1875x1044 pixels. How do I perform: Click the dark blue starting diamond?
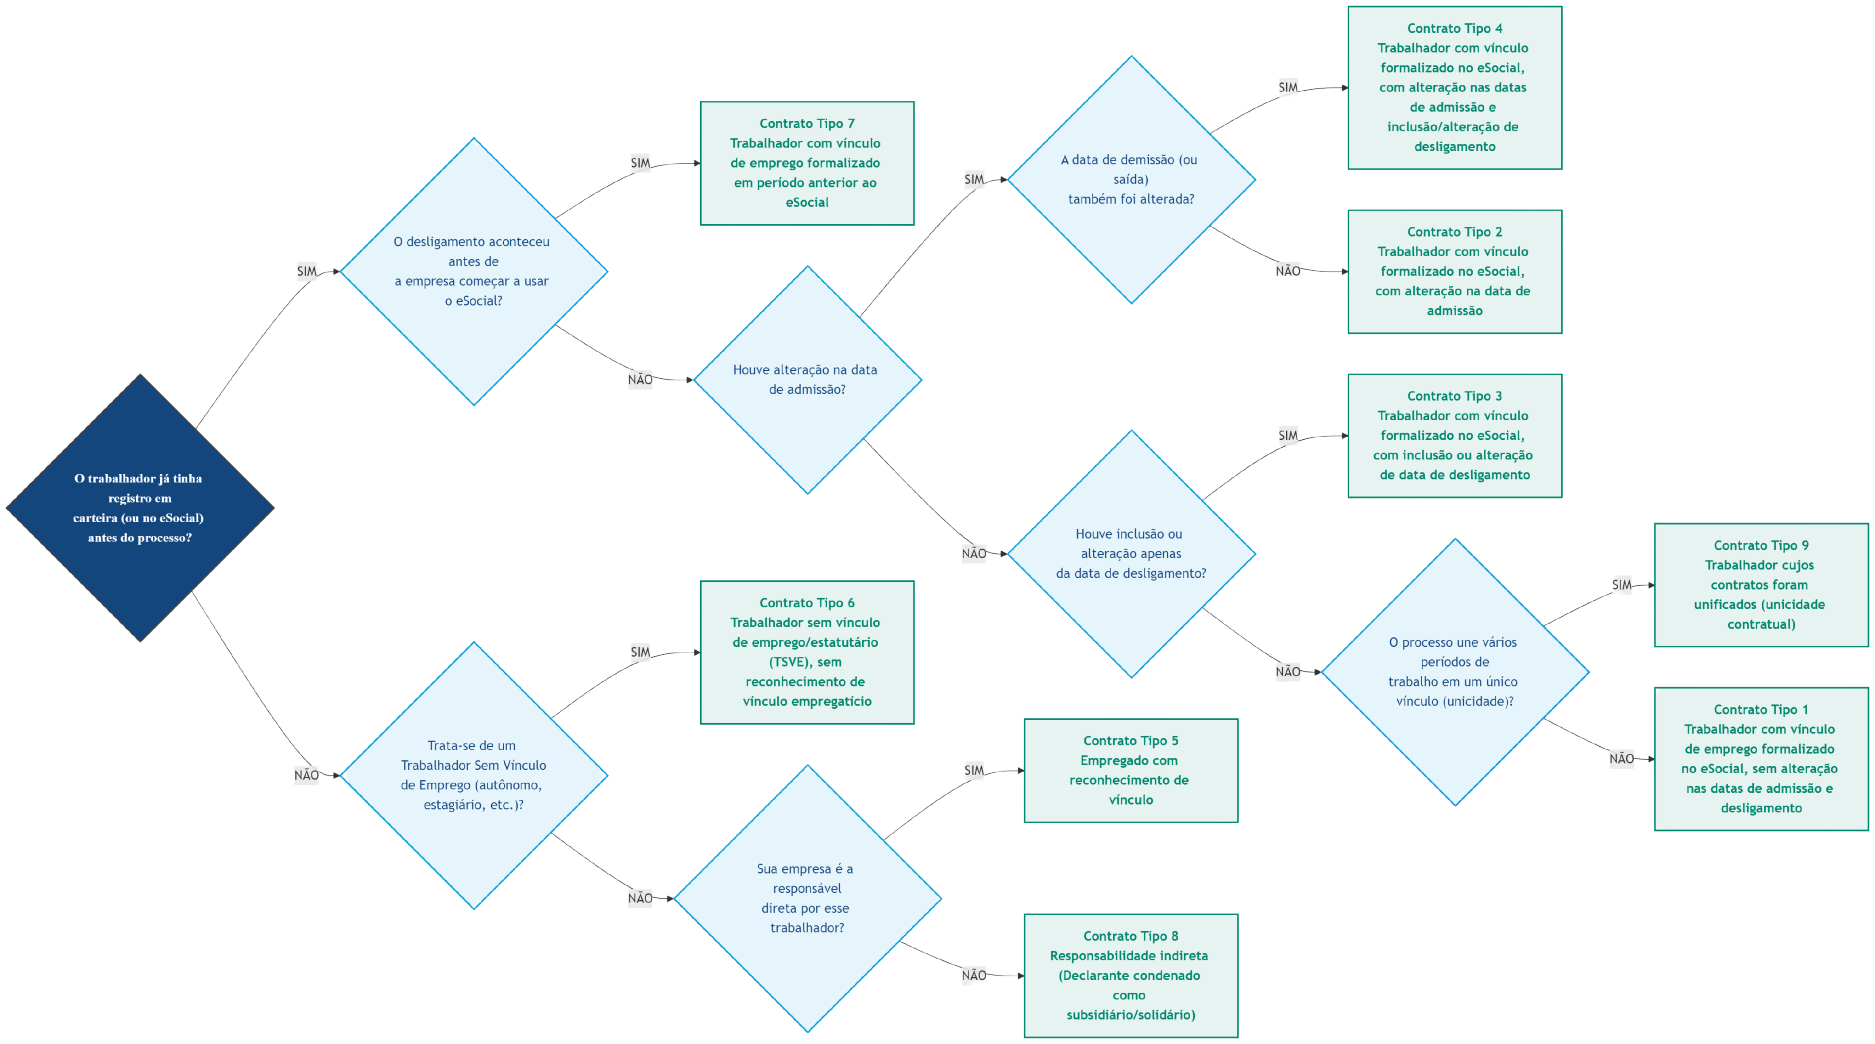coord(140,508)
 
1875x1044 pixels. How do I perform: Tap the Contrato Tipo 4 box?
coord(1454,87)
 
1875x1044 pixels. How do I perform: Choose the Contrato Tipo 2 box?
coord(1454,271)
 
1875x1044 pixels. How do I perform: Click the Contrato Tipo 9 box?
coord(1761,585)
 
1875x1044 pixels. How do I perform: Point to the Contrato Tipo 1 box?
coord(1761,759)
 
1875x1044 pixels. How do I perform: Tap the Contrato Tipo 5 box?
coord(1130,771)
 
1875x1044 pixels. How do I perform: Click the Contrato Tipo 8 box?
coord(1130,975)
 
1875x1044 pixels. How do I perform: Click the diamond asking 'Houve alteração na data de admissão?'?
coord(807,380)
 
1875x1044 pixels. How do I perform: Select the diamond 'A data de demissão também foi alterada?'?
coord(1131,180)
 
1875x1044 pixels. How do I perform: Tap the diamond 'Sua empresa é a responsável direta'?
coord(807,898)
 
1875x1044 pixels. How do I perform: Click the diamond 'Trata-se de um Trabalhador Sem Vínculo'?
coord(474,775)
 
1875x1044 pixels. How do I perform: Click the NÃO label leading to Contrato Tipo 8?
coord(974,975)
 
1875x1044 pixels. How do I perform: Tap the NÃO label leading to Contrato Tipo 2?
coord(1288,271)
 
